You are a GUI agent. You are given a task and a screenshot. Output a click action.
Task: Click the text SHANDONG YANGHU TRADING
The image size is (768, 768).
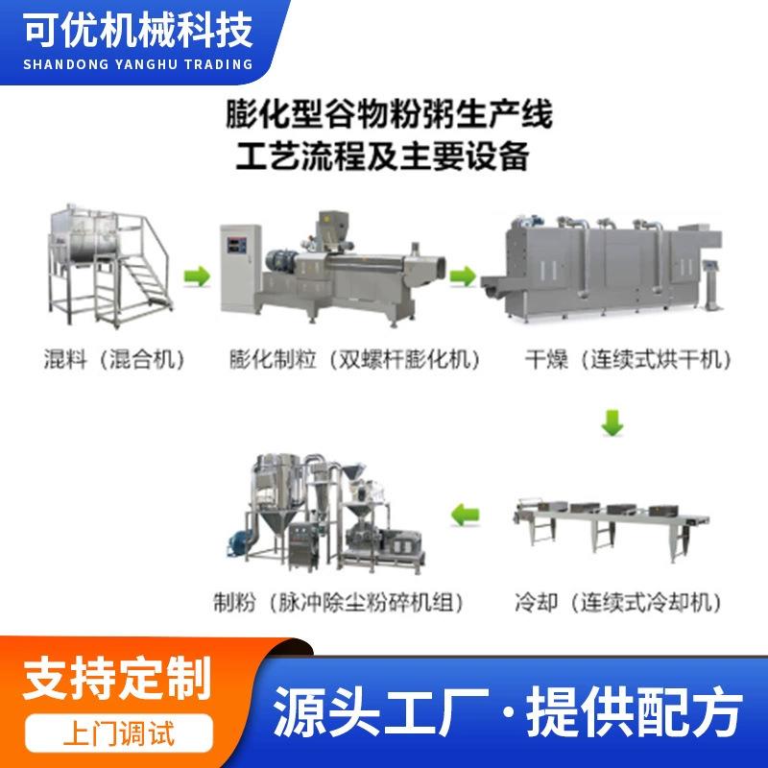point(133,64)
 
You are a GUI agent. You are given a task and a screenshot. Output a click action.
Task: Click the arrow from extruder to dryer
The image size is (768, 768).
point(463,277)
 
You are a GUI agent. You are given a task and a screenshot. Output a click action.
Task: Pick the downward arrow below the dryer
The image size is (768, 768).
point(612,421)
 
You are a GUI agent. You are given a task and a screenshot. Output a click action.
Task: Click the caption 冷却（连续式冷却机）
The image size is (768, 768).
point(618,604)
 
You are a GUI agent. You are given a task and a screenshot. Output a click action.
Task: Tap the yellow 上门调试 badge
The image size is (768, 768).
point(116,735)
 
